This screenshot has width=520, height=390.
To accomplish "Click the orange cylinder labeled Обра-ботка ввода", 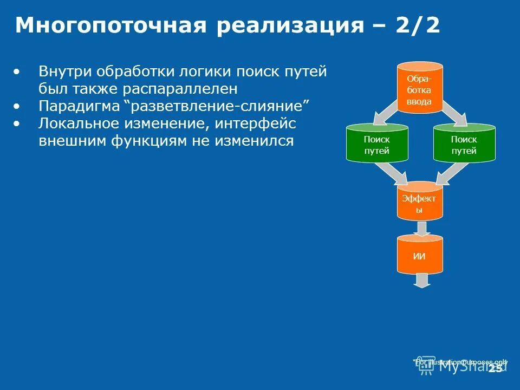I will pyautogui.click(x=420, y=88).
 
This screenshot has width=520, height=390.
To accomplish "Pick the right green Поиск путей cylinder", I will pyautogui.click(x=464, y=144).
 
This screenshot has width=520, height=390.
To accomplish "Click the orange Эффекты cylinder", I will pyautogui.click(x=420, y=201).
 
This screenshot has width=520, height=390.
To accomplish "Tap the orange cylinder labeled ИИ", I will pyautogui.click(x=420, y=256).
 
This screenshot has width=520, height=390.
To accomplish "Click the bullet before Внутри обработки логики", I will pyautogui.click(x=19, y=71).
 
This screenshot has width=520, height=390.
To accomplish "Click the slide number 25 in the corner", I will pyautogui.click(x=495, y=368).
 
